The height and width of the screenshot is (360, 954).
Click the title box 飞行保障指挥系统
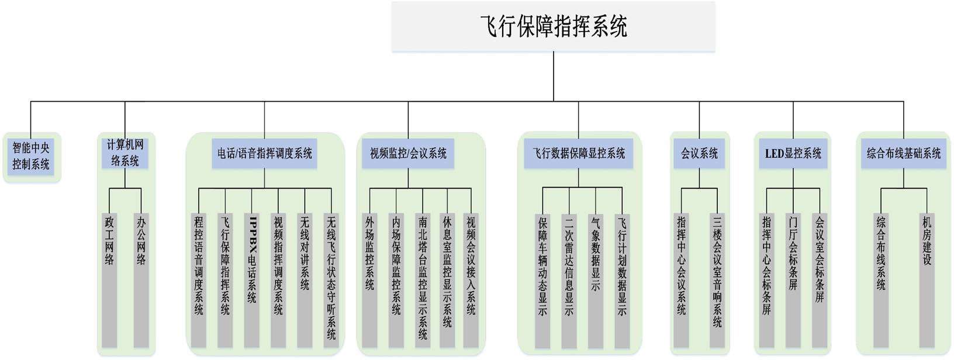tap(553, 27)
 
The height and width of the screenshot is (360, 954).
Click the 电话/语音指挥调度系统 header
tap(264, 154)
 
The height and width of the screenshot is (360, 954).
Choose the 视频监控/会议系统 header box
tap(408, 154)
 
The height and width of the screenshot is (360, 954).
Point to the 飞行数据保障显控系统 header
tap(578, 154)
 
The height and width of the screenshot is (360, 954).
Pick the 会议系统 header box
tap(699, 154)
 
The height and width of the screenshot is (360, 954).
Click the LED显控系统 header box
tap(793, 154)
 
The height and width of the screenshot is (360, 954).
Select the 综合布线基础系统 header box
tap(903, 154)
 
